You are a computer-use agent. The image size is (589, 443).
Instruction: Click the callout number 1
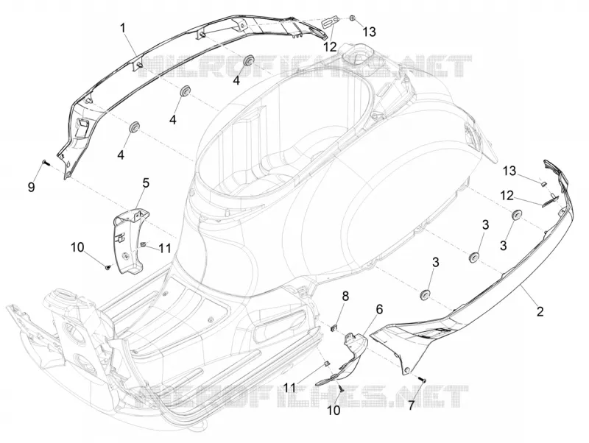click(x=123, y=29)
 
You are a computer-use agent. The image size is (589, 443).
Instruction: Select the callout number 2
click(x=540, y=311)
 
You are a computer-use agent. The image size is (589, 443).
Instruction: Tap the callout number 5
click(x=146, y=183)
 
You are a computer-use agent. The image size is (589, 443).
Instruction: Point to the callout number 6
click(x=379, y=309)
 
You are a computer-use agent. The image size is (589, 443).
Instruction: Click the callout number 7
click(x=412, y=405)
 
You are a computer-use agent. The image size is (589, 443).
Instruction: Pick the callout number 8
click(x=345, y=297)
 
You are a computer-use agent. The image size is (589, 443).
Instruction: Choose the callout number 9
click(x=32, y=187)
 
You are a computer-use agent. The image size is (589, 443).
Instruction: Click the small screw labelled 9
click(x=46, y=162)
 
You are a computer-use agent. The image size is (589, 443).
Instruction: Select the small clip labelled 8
click(x=334, y=328)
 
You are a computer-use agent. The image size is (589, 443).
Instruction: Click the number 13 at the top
click(x=369, y=32)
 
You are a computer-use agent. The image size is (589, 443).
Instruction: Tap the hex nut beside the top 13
click(x=353, y=18)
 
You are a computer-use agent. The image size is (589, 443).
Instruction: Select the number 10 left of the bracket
click(x=77, y=248)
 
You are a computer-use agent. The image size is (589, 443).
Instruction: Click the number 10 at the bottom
click(x=334, y=411)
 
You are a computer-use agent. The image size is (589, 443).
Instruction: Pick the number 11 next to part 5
click(x=164, y=248)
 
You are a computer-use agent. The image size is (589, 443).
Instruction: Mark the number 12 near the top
click(x=330, y=47)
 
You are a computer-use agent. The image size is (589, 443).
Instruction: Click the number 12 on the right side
click(x=507, y=195)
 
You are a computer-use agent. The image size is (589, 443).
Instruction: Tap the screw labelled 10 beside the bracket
click(x=107, y=267)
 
